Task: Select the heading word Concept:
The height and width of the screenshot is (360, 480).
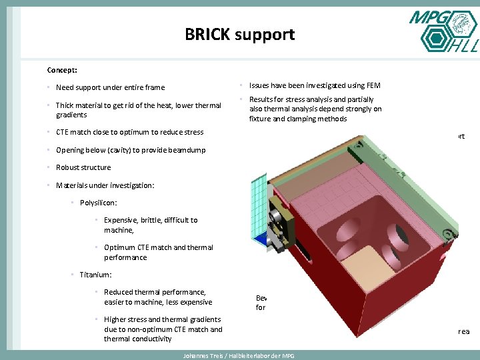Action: pyautogui.click(x=62, y=70)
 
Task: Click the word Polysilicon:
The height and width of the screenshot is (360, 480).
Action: pyautogui.click(x=99, y=203)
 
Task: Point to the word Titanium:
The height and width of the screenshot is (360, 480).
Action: pyautogui.click(x=95, y=275)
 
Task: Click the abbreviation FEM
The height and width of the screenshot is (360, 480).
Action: pyautogui.click(x=373, y=85)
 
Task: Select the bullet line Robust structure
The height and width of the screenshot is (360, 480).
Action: pyautogui.click(x=83, y=167)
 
